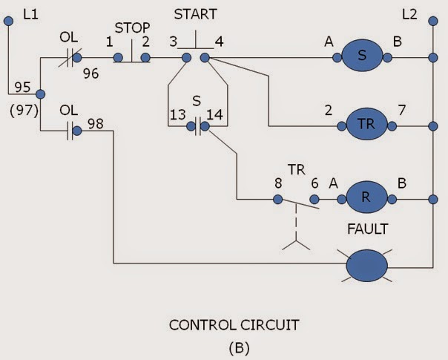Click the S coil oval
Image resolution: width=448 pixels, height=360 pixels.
361,56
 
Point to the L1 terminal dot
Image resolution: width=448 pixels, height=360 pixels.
8,23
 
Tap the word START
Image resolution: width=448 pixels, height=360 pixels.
196,14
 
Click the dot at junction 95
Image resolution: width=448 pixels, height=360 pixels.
40,94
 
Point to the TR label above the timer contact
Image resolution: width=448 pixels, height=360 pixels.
297,170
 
